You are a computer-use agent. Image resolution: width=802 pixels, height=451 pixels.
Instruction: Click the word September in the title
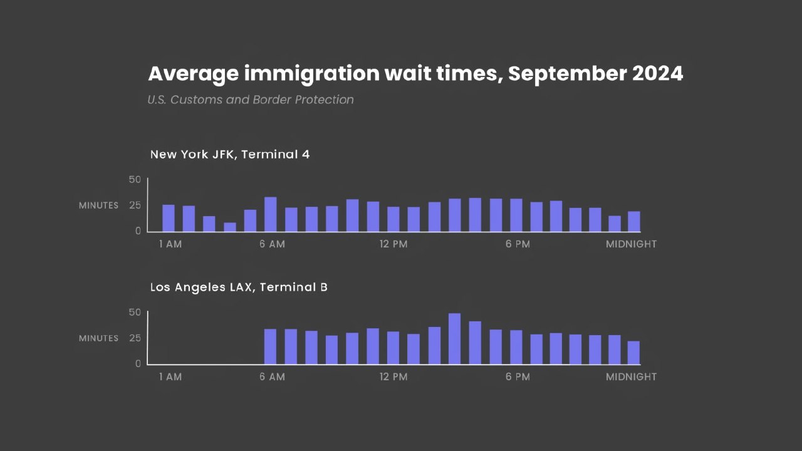[566, 74]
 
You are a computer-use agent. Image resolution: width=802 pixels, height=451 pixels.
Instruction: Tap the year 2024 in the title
[657, 74]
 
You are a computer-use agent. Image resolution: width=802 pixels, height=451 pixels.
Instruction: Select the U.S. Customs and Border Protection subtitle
[251, 100]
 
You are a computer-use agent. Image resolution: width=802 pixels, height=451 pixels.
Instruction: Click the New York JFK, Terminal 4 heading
[230, 154]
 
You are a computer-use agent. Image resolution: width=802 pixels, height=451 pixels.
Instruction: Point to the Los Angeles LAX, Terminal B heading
[239, 287]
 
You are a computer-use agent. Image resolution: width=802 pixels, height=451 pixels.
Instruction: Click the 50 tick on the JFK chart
[135, 180]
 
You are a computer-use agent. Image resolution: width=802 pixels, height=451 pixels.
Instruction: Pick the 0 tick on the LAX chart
[138, 363]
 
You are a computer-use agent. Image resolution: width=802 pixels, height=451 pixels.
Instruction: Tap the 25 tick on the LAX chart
[135, 338]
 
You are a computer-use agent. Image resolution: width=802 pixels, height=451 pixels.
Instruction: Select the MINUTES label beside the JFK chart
[98, 205]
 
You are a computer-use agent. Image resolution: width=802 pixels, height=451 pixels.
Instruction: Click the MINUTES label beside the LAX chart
[98, 338]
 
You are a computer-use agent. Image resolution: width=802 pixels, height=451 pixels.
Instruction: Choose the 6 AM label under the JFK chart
[272, 244]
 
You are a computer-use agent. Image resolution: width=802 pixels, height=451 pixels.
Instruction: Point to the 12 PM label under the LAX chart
[393, 377]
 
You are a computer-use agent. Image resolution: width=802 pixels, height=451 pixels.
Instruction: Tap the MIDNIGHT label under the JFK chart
[631, 244]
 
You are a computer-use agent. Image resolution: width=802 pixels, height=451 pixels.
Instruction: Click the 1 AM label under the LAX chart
[170, 377]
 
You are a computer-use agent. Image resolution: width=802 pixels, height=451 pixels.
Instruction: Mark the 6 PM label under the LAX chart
[518, 377]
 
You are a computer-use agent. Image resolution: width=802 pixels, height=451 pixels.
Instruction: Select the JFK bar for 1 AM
[169, 218]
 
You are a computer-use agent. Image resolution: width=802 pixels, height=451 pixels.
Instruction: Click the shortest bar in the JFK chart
[230, 227]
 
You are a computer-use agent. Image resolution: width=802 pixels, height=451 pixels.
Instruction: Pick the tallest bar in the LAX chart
[454, 338]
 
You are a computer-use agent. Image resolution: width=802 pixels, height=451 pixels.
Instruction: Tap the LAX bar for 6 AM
[270, 346]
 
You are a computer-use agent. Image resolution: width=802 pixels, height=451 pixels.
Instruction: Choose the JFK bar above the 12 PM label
[393, 219]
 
